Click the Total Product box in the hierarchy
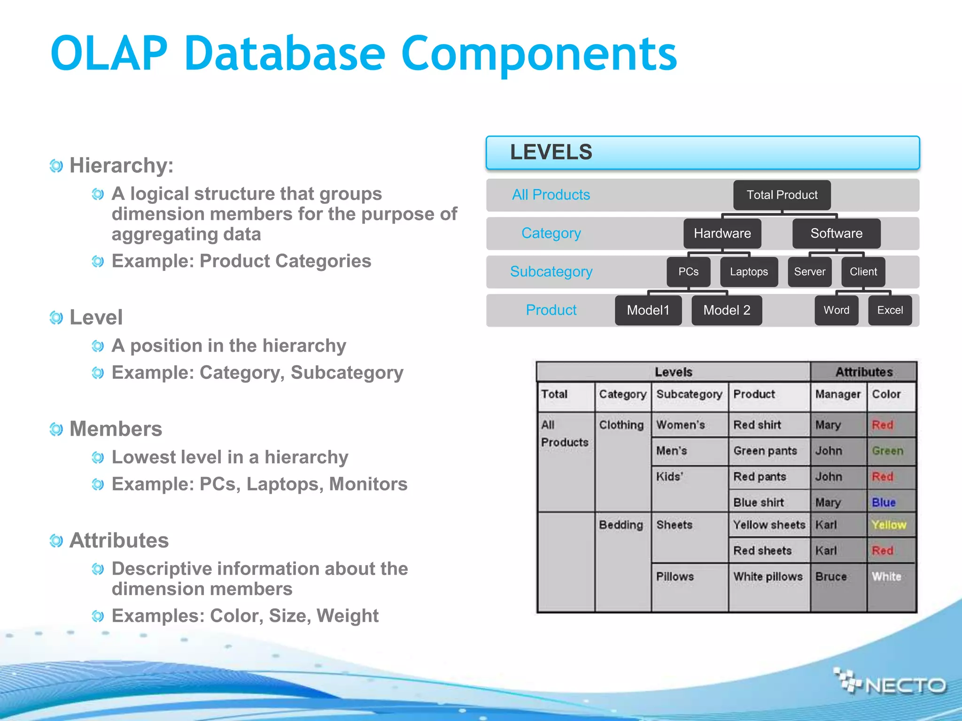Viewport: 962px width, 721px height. pos(782,195)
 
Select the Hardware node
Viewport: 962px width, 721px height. pos(722,233)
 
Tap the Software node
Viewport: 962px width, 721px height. pos(836,233)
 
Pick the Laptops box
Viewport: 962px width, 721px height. pos(749,272)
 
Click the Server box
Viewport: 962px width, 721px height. pos(809,272)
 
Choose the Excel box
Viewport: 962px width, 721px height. pos(890,310)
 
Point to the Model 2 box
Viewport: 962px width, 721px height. pos(726,310)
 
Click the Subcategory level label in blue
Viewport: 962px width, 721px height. pos(551,272)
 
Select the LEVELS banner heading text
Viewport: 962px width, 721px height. pos(551,153)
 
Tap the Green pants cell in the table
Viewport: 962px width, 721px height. pos(765,451)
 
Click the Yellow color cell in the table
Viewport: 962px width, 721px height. pos(889,525)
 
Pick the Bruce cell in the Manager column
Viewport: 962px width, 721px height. pos(831,576)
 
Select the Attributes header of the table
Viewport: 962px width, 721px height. pos(863,372)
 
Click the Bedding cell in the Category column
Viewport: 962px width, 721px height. pos(621,525)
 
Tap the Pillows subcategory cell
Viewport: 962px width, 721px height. pos(675,576)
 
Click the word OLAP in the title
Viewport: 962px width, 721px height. pos(109,54)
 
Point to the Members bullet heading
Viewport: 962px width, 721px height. pos(116,429)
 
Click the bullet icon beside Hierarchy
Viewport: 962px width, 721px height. pos(56,166)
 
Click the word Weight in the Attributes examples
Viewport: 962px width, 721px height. pos(347,616)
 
